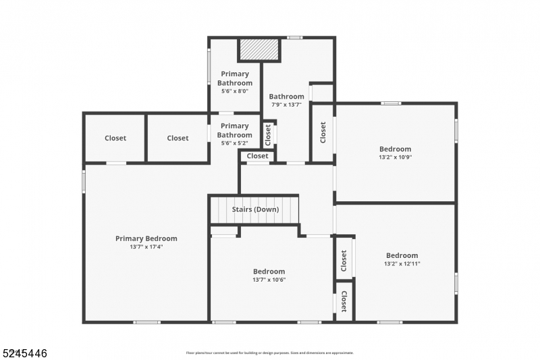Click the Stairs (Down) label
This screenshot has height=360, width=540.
tap(255, 209)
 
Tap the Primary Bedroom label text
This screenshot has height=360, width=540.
tap(146, 238)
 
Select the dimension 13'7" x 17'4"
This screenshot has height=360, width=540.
tap(146, 247)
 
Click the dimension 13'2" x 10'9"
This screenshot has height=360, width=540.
tap(395, 157)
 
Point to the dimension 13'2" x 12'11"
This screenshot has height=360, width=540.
tap(402, 263)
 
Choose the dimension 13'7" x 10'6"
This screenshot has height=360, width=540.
tap(269, 280)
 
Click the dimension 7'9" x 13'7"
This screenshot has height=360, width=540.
tap(286, 105)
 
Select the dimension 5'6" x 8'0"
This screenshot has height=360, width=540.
tap(234, 91)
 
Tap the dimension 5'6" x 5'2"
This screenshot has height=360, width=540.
tap(234, 143)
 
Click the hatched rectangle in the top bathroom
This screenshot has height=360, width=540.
tap(259, 50)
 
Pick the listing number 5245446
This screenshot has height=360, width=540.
tap(24, 353)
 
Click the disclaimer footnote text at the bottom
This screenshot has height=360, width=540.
tap(269, 353)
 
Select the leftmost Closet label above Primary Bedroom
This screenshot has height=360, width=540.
tap(115, 138)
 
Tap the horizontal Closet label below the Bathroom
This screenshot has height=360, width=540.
tap(257, 156)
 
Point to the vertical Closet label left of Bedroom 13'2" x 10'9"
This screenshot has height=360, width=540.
tap(323, 132)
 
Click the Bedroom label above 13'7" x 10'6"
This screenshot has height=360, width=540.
tap(269, 272)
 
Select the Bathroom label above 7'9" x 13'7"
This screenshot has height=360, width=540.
tap(286, 97)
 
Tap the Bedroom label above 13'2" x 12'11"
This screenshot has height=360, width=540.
tap(402, 255)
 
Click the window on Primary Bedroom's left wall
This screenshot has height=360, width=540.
tap(84, 181)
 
